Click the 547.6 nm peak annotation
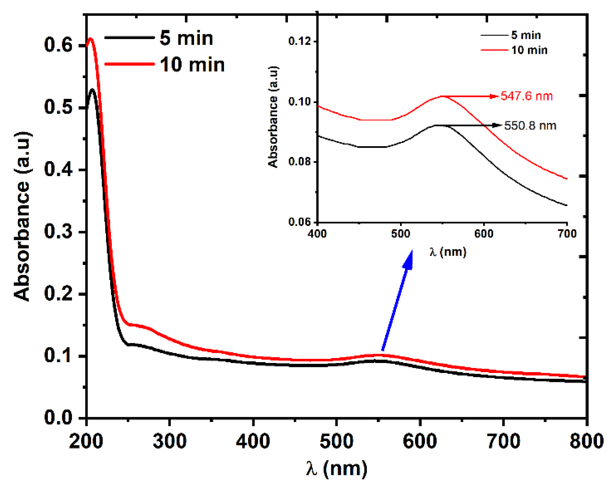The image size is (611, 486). point(526,96)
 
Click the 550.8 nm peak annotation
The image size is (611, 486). point(530,126)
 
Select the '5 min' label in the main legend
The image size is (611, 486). point(186,38)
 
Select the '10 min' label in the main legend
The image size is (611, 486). point(192,65)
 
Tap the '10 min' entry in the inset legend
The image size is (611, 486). point(529,50)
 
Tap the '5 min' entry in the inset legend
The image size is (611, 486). point(526,35)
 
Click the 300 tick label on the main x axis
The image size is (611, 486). point(170,442)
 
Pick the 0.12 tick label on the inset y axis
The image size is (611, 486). point(299,41)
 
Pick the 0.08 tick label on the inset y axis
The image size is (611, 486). point(299,162)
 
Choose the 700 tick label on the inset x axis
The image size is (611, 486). point(567,234)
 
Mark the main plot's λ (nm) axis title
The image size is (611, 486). point(336,469)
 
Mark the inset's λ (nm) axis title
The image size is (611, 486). point(448,252)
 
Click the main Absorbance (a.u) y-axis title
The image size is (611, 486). point(22,216)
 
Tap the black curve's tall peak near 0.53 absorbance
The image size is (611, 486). point(92,90)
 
